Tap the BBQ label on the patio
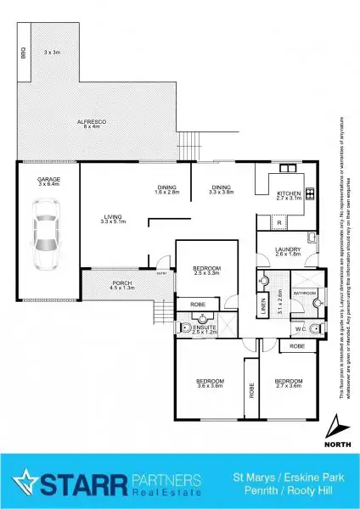pos(23,53)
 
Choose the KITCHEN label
pos(290,194)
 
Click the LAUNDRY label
pos(289,249)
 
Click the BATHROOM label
pos(305,292)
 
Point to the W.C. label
pos(299,329)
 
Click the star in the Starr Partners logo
pos(26,481)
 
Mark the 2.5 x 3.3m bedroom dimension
pos(206,273)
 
